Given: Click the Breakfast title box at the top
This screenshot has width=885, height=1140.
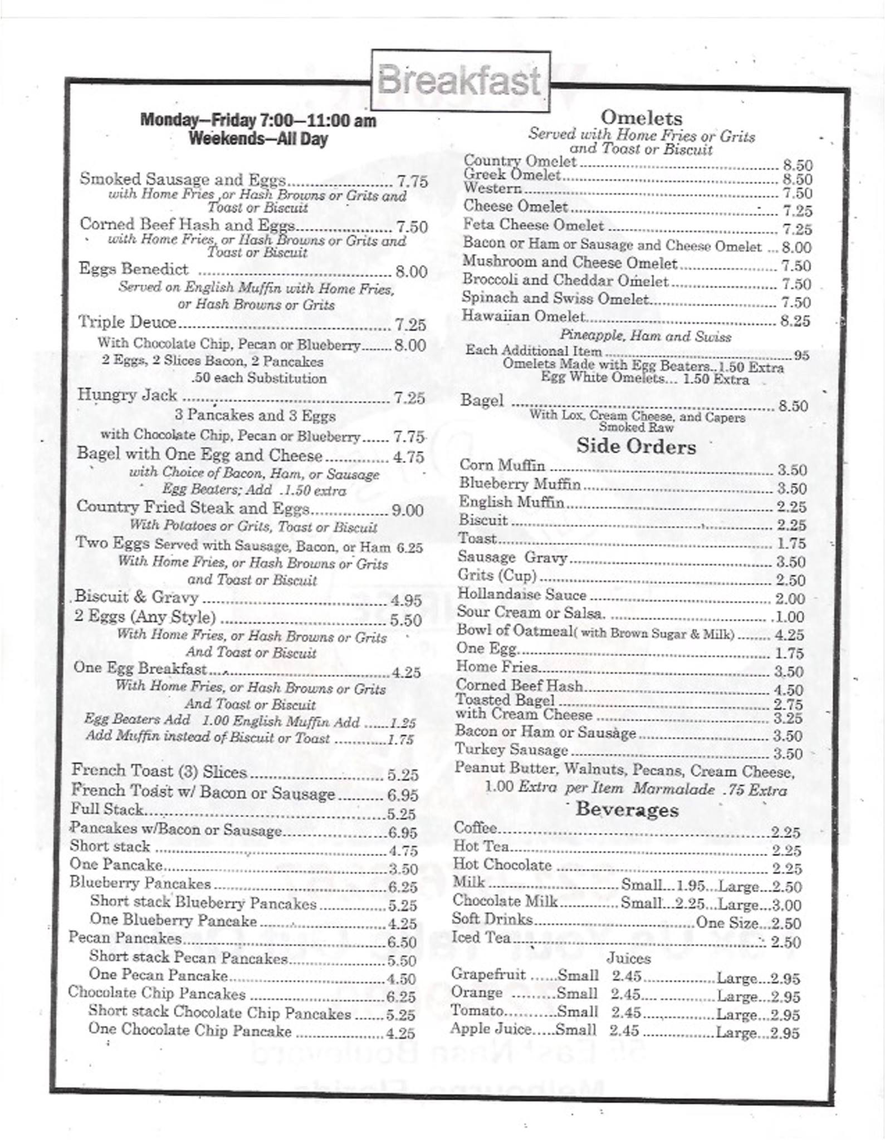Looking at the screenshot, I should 460,81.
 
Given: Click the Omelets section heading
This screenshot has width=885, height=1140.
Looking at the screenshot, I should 641,117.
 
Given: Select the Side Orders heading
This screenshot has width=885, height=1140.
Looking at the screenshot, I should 636,446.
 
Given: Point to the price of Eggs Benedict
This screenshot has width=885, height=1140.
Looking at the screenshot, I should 411,272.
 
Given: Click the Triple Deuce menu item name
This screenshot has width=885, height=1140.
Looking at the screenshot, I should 127,322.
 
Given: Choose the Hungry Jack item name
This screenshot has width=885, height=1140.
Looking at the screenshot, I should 127,395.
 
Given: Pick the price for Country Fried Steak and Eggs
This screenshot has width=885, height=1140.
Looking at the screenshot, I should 408,510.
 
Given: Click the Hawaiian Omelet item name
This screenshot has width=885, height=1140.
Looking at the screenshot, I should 523,316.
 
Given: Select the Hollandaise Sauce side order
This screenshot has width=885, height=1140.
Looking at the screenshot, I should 521,594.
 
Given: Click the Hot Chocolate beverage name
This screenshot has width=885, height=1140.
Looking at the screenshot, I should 502,864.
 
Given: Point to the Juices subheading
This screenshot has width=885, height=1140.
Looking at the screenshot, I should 628,958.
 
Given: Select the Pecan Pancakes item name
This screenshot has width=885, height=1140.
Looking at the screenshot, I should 125,938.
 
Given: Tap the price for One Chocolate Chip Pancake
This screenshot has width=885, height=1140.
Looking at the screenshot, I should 400,1033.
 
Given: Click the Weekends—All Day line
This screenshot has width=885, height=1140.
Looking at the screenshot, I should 258,139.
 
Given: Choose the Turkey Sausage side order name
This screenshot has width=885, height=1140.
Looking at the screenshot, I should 511,750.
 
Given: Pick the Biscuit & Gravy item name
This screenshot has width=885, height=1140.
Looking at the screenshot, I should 136,597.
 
